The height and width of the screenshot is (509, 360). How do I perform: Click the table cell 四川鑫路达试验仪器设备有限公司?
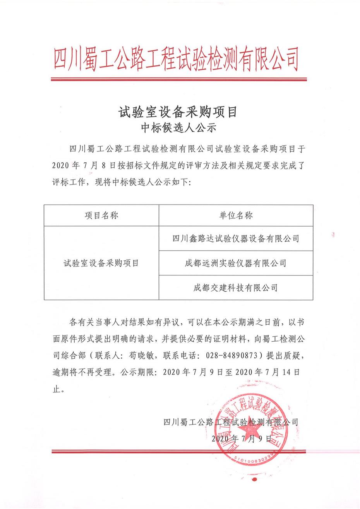(x=236, y=238)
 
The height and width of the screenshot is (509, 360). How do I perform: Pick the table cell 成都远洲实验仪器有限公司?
(x=236, y=263)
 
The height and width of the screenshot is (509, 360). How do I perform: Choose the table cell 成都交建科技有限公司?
(x=236, y=288)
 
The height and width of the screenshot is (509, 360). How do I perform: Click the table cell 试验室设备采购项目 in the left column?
(x=101, y=263)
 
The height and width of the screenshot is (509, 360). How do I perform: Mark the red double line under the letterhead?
(x=180, y=80)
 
